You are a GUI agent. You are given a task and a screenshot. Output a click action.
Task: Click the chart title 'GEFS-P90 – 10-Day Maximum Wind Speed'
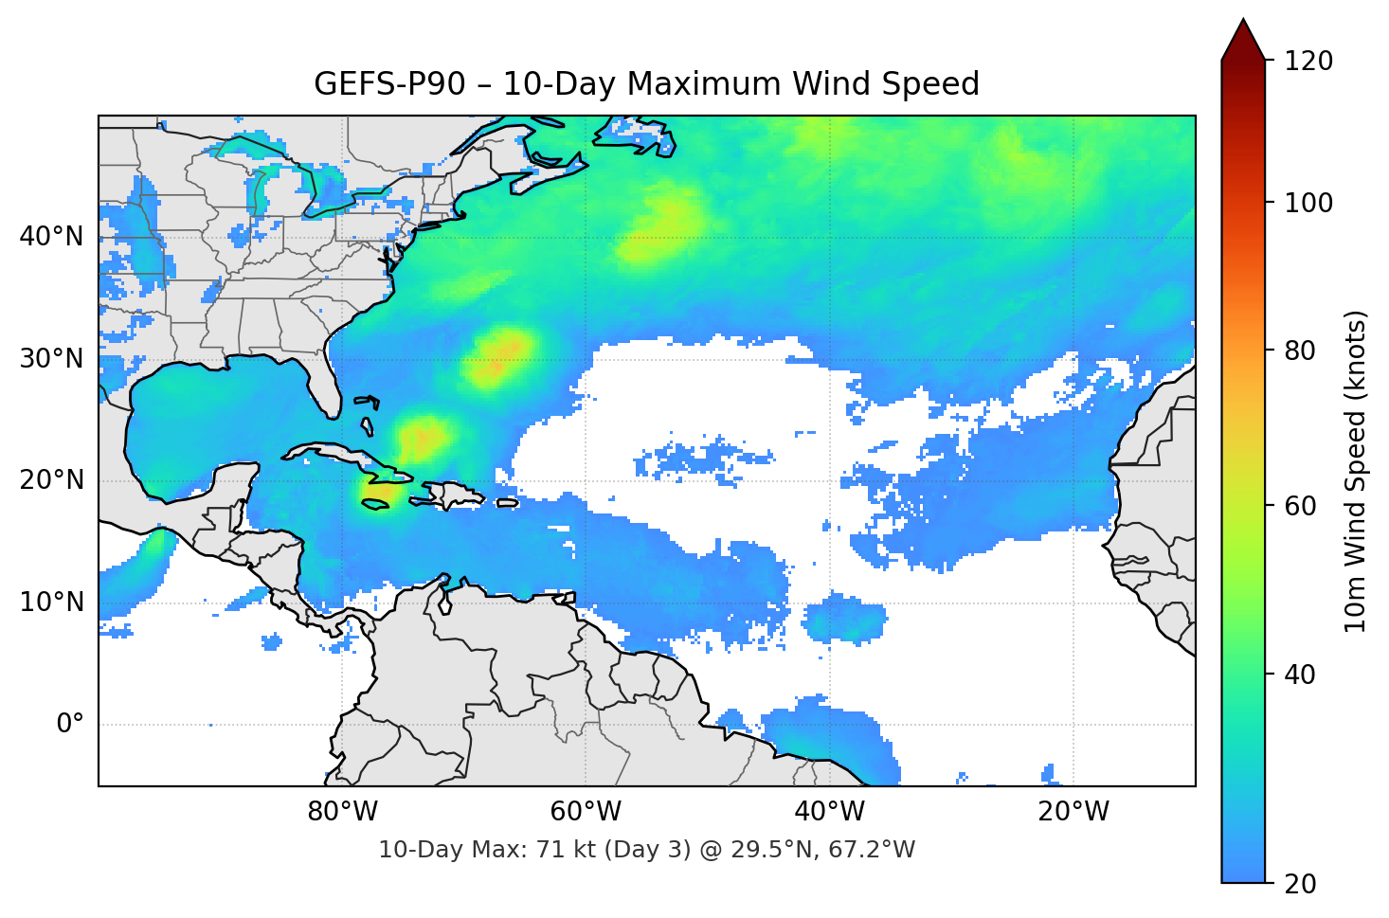(646, 84)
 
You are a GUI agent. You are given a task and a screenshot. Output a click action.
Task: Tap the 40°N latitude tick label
(51, 236)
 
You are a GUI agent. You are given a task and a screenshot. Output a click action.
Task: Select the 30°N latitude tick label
(51, 359)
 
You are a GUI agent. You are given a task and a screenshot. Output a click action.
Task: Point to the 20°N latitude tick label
(51, 480)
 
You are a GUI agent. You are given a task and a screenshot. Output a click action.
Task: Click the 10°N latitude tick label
(51, 603)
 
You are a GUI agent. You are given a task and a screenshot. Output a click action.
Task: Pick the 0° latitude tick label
(69, 725)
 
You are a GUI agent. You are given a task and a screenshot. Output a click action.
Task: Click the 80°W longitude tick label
(342, 812)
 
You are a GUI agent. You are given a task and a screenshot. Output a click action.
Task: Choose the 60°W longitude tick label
(586, 812)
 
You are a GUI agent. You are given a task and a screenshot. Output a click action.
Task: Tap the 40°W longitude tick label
(829, 812)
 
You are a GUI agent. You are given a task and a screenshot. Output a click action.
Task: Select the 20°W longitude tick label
(1073, 812)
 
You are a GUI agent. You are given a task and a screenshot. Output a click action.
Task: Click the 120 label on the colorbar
(1308, 61)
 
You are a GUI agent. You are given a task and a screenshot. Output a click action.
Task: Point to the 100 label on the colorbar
(1308, 203)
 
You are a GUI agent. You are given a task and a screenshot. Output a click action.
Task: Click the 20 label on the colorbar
(1300, 884)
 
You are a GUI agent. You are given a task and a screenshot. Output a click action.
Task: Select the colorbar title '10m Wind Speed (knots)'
(1356, 471)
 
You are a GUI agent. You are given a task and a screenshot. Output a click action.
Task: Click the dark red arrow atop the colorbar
(1243, 41)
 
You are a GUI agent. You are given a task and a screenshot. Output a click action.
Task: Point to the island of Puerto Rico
(507, 502)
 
